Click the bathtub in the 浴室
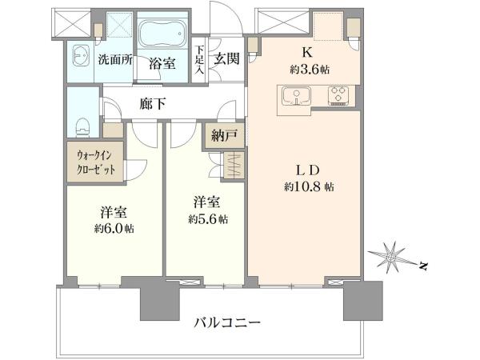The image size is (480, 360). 162,34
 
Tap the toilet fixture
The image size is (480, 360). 82,127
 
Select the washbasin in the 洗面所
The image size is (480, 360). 81,55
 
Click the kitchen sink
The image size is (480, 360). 296,96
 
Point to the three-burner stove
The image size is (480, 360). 338,96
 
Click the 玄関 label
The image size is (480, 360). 226,58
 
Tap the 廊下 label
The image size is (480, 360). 153,104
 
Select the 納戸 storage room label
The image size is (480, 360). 224,135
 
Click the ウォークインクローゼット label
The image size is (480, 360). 96,162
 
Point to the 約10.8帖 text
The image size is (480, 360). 309,186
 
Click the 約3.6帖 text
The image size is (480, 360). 310,70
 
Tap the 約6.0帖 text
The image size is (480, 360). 114,228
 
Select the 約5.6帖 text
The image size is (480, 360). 208,219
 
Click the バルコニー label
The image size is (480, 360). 227,322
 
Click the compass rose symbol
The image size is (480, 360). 391,258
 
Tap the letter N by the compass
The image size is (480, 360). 423,266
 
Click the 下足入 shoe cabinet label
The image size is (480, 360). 199,59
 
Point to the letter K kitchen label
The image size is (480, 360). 307,53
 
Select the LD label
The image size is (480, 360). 308,170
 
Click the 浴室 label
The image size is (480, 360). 162,63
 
